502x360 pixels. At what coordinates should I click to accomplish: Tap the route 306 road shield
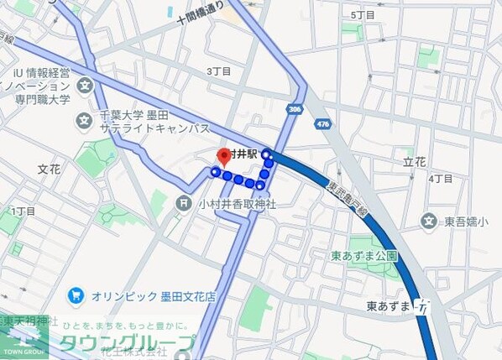[x=294, y=109]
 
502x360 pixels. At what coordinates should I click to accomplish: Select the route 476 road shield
[x=322, y=123]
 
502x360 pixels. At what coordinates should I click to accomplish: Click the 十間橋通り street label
[x=201, y=19]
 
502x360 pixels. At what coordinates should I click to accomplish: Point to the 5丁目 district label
[x=363, y=15]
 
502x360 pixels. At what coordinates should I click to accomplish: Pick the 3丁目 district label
[x=218, y=71]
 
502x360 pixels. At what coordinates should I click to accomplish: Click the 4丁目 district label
[x=441, y=179]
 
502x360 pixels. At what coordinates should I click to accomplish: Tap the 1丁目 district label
[x=24, y=211]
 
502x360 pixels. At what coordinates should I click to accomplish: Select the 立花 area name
[x=415, y=161]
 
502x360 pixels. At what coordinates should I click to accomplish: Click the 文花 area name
[x=49, y=169]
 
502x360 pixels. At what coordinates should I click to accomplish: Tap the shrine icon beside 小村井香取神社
[x=184, y=203]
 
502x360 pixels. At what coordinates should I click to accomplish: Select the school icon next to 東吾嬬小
[x=430, y=222]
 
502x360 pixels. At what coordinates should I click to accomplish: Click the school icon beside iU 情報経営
[x=85, y=86]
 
